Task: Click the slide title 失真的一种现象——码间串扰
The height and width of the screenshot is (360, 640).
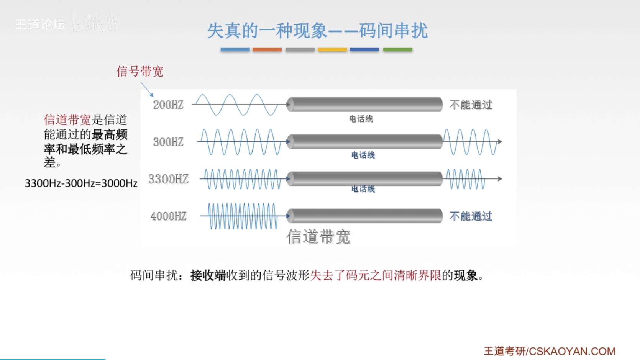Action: [x=317, y=31]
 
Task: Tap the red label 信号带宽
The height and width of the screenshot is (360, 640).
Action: [x=140, y=72]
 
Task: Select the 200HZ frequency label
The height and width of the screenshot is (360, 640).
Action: [x=168, y=105]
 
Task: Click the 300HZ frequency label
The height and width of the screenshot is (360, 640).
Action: [x=168, y=142]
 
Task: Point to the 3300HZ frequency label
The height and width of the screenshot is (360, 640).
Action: [x=168, y=179]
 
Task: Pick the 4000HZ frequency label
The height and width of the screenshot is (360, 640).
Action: [x=168, y=216]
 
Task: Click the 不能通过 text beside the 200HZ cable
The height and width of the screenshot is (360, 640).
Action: [x=471, y=105]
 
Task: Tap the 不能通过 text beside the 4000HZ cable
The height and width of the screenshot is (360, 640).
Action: [x=471, y=216]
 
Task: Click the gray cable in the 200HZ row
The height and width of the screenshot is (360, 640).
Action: [x=365, y=105]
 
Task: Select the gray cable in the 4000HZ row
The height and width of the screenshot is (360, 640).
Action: [x=365, y=216]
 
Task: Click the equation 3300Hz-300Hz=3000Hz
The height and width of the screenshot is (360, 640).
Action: [x=81, y=183]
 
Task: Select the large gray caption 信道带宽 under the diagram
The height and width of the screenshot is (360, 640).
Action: [x=318, y=237]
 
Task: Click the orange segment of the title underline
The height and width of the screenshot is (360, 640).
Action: [x=267, y=50]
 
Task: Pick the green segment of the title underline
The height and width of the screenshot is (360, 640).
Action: [x=397, y=50]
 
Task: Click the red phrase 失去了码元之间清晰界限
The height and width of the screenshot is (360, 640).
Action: [x=376, y=275]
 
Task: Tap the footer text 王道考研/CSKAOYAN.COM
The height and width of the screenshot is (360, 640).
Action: [x=550, y=351]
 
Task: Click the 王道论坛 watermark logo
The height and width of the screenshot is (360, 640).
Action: [x=40, y=25]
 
